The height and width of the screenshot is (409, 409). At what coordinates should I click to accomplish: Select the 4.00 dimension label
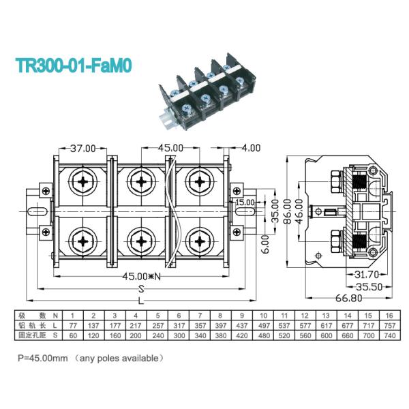tap(251, 147)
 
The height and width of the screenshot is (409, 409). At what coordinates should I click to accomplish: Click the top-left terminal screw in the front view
tap(85, 181)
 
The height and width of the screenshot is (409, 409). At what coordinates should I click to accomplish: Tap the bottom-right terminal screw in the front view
tap(198, 239)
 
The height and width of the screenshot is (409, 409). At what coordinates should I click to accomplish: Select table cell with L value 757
tap(389, 327)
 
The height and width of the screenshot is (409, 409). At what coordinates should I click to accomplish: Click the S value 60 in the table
tap(72, 337)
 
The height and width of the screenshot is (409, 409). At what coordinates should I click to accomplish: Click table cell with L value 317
tap(178, 327)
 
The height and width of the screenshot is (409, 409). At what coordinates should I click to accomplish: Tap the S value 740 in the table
tap(389, 337)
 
